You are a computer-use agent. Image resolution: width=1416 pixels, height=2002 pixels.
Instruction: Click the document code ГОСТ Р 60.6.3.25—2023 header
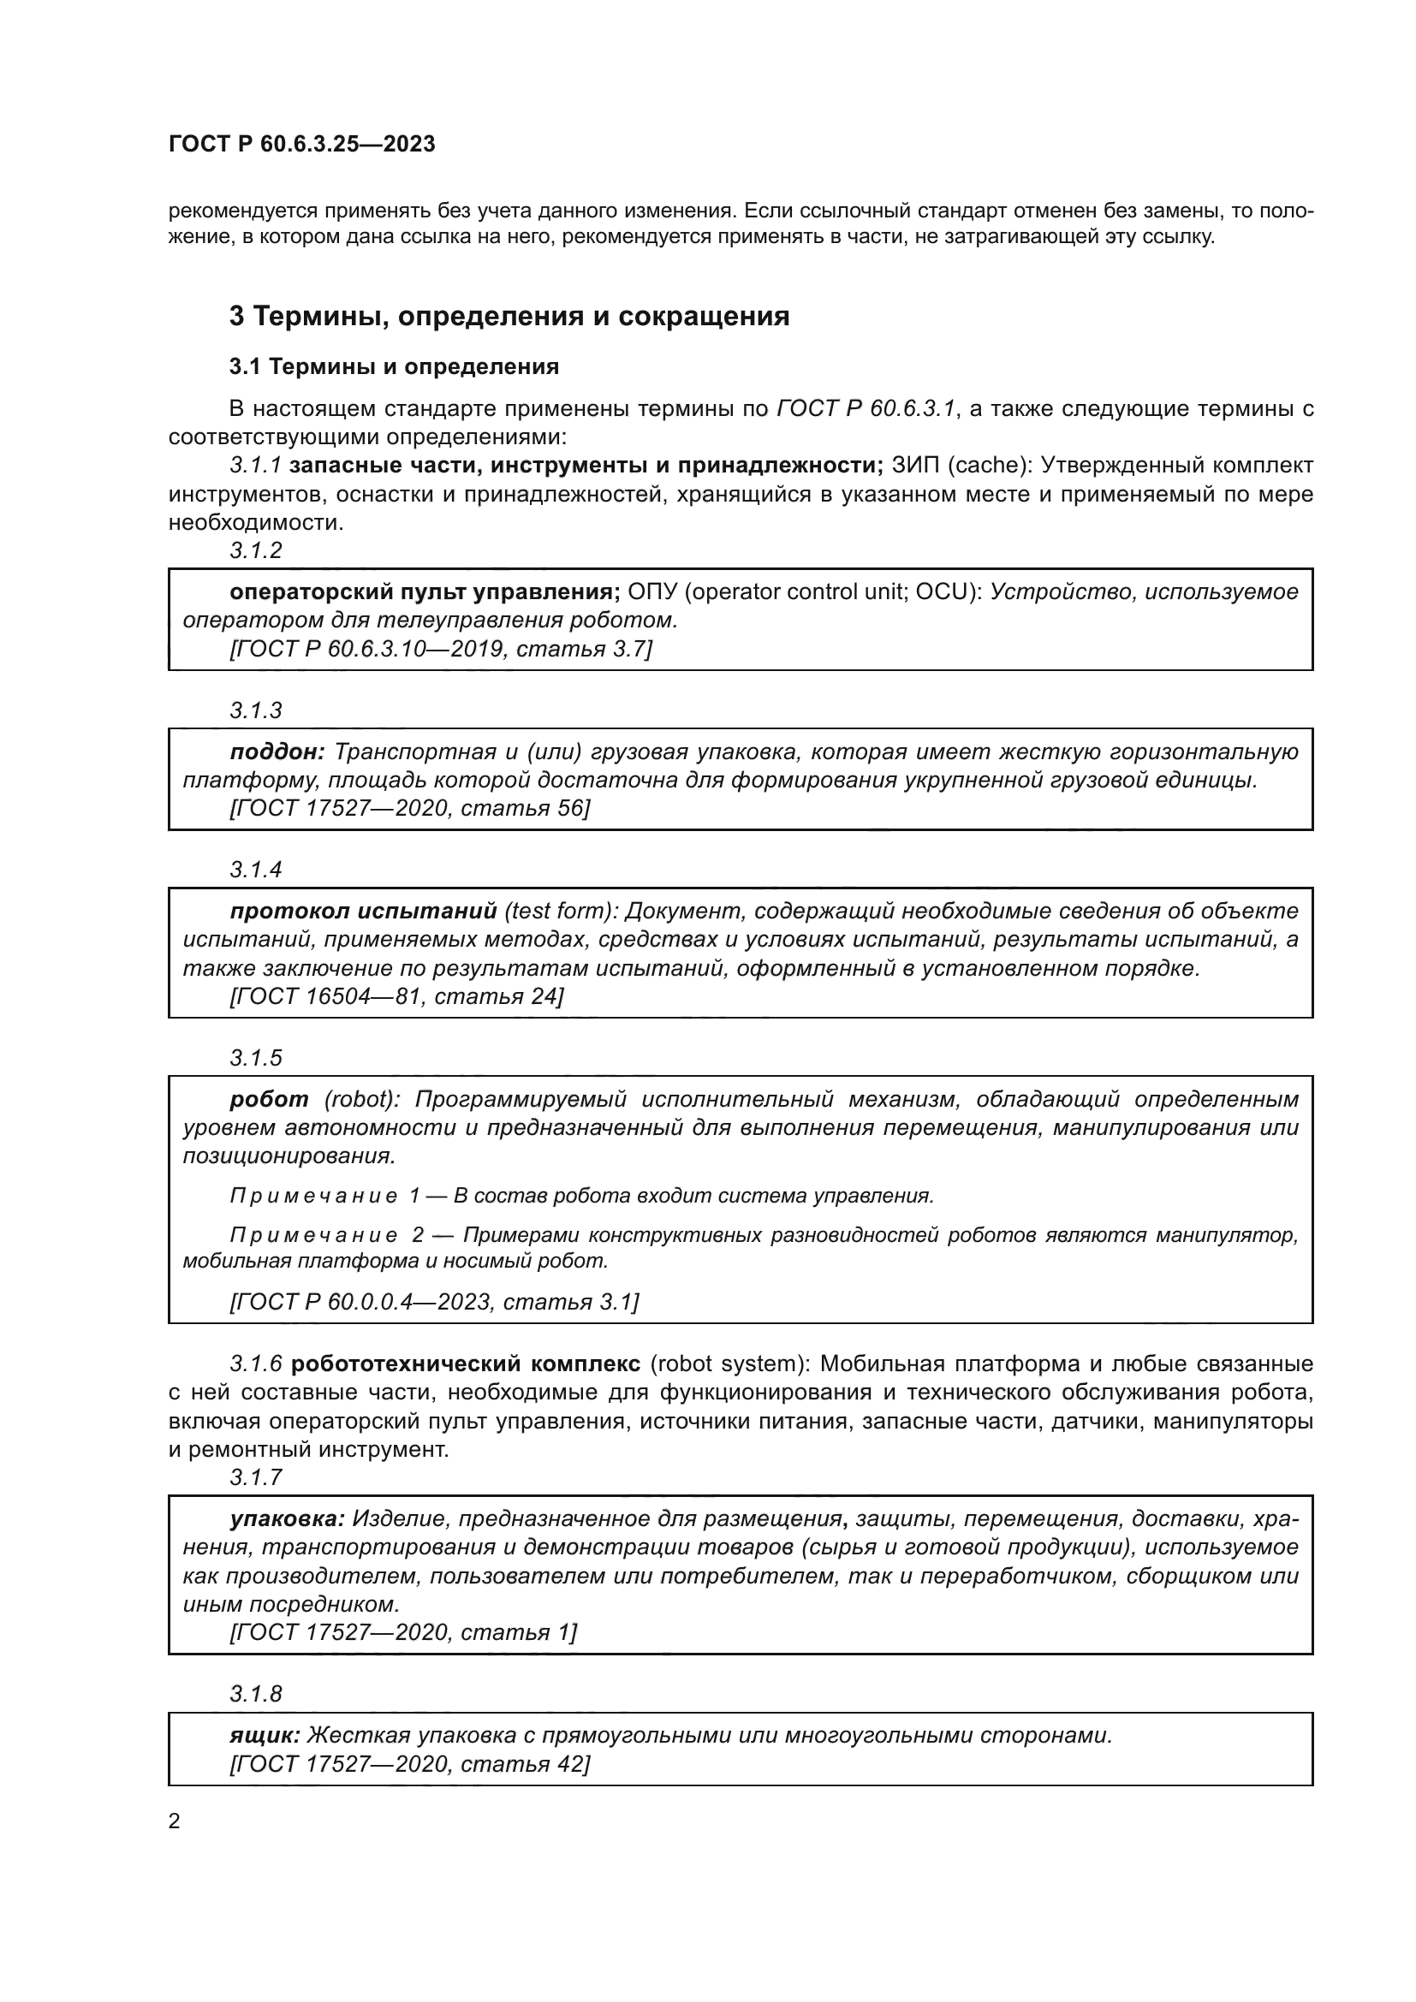click(x=301, y=145)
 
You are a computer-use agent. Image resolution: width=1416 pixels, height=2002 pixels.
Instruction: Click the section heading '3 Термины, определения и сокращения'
click(x=509, y=316)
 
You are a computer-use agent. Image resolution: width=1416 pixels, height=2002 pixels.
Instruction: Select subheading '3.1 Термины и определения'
click(x=394, y=367)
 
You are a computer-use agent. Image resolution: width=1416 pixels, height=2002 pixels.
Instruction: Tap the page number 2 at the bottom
click(x=175, y=1821)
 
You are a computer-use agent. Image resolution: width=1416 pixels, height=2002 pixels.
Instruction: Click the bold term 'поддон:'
click(x=277, y=751)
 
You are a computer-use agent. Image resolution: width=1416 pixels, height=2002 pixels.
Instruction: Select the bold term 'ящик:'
click(x=265, y=1735)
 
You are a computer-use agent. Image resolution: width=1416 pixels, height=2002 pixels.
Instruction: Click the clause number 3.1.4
click(x=255, y=870)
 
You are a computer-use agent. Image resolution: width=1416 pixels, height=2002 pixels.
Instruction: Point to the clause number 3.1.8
click(x=255, y=1693)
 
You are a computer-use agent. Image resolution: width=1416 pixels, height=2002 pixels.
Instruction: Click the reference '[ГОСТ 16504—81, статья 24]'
click(x=396, y=995)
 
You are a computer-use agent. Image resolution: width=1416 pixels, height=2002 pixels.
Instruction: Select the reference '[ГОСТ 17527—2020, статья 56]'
click(x=410, y=808)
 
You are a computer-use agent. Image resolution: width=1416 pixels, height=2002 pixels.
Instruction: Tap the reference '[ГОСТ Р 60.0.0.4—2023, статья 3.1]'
click(x=434, y=1302)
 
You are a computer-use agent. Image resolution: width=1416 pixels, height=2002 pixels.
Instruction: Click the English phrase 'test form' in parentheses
click(x=558, y=912)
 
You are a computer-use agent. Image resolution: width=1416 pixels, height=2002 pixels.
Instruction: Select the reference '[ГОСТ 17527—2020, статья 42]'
click(x=410, y=1764)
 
